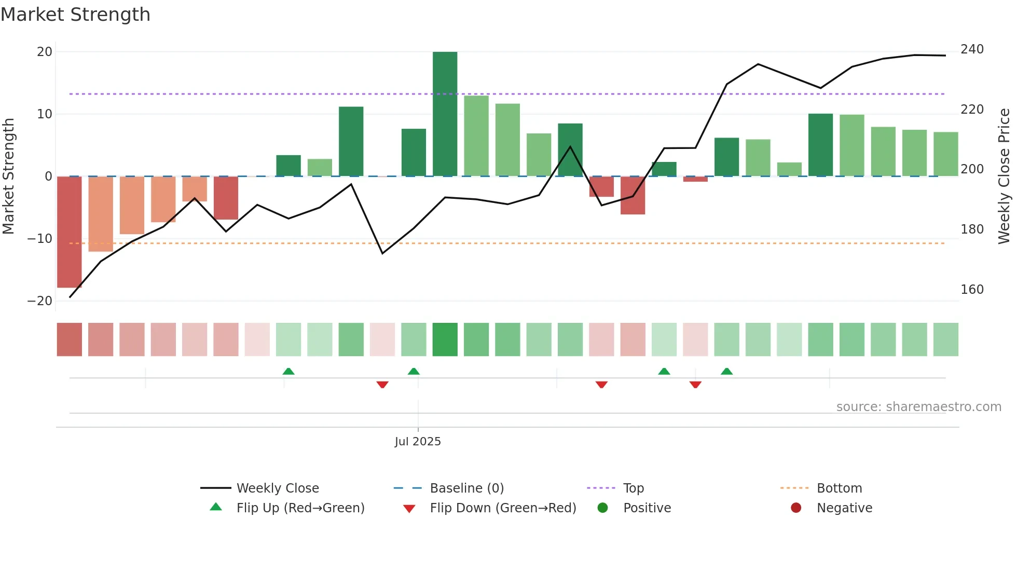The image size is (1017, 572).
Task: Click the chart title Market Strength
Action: (x=75, y=15)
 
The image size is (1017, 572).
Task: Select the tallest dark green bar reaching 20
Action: (x=445, y=114)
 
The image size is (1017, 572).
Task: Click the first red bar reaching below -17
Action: (x=69, y=231)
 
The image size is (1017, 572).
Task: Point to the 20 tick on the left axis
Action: (x=45, y=52)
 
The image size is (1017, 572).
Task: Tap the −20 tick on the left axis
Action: (x=40, y=301)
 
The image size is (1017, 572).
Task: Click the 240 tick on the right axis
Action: (x=972, y=49)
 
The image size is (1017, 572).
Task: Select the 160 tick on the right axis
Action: (x=972, y=290)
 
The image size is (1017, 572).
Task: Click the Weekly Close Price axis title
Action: (x=1004, y=176)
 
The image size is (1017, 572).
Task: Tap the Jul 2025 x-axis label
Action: (x=418, y=442)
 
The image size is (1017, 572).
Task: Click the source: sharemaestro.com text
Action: (x=918, y=407)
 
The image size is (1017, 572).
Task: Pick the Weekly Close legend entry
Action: (x=278, y=488)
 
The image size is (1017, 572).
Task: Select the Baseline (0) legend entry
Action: (x=466, y=488)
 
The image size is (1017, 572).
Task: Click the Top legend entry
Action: (x=633, y=488)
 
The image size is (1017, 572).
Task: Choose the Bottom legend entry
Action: (x=839, y=488)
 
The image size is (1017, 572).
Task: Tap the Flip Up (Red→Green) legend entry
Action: (x=300, y=508)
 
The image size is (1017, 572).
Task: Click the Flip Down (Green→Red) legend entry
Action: (x=503, y=508)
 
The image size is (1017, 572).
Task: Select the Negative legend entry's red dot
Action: (x=796, y=508)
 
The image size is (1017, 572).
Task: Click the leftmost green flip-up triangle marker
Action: (x=288, y=372)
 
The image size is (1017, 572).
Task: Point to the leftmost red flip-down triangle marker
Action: (x=382, y=385)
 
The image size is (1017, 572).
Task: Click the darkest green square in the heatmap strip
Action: (x=445, y=339)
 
